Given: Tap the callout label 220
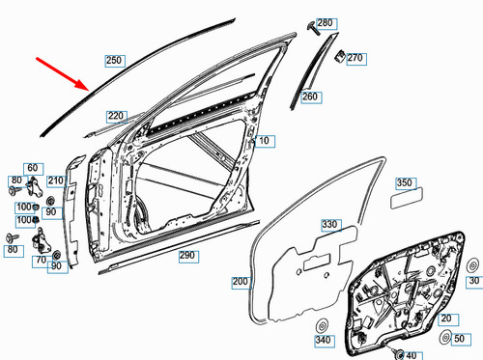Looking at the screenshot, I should point(116,116).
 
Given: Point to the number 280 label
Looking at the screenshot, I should point(324,22).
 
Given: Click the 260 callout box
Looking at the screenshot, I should point(309,97).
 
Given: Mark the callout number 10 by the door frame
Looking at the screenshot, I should point(262,141).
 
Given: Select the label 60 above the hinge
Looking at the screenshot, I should point(32,168).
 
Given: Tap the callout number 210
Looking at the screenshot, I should point(55,180).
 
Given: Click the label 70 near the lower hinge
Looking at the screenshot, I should point(42,260).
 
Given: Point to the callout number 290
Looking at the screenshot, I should point(187,256).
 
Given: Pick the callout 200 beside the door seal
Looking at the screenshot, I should point(240,282).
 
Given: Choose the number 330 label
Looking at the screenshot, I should point(330,225).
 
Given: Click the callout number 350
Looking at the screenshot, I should point(405,182).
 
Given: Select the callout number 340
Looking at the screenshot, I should point(322,341).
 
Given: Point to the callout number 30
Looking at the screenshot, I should point(474,282).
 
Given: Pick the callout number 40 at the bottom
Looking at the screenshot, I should point(420,352).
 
